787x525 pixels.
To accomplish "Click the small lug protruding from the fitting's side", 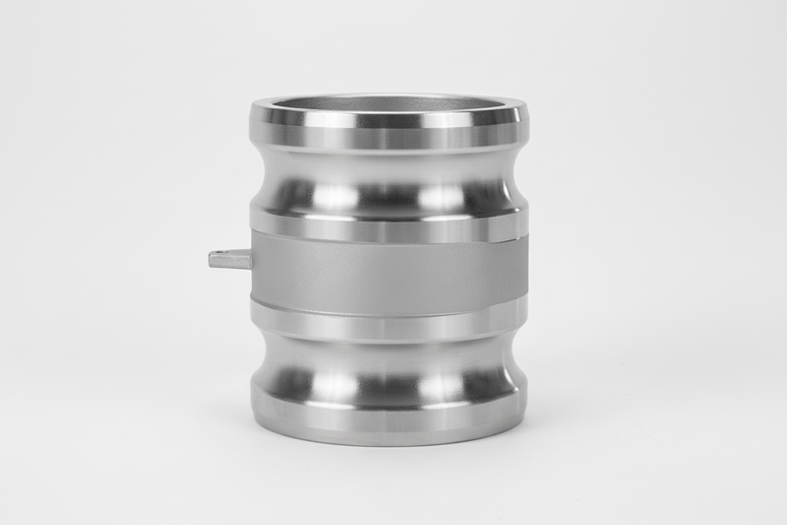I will [228, 260].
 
